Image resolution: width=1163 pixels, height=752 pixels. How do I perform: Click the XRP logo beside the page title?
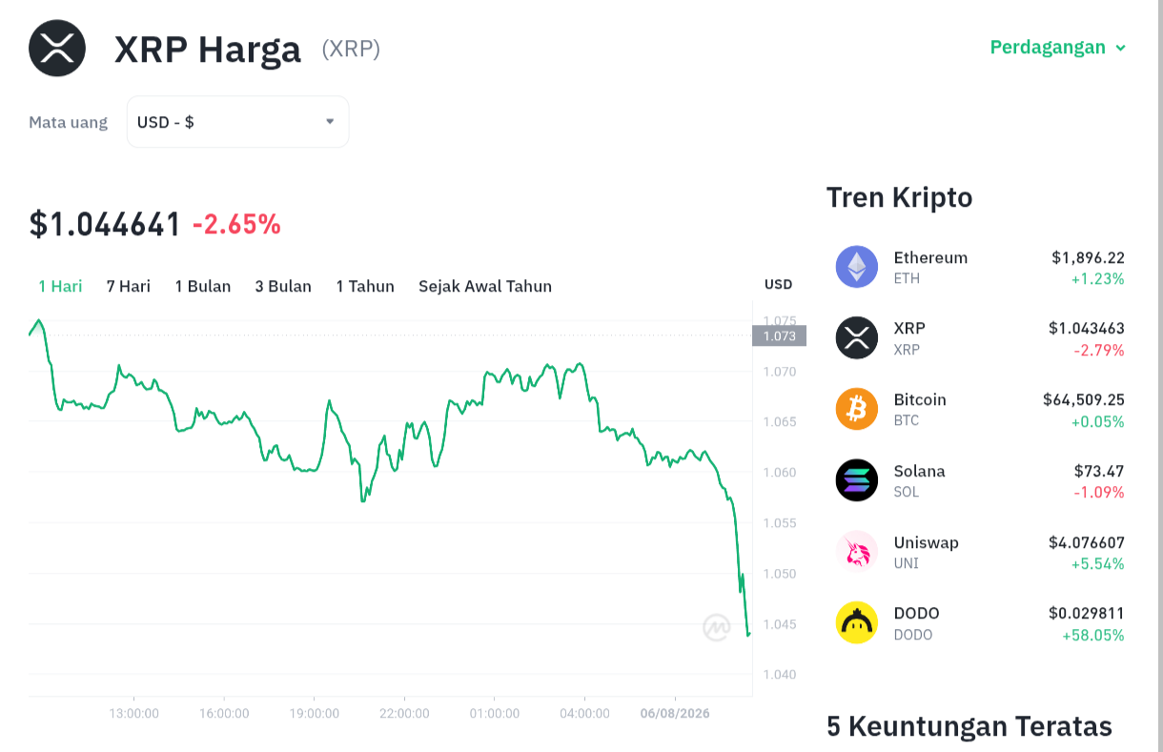coord(57,49)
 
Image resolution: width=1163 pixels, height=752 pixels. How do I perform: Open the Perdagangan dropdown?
coord(1057,48)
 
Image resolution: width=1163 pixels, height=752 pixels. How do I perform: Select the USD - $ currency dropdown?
coord(237,122)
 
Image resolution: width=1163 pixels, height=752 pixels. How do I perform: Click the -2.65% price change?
coord(236,224)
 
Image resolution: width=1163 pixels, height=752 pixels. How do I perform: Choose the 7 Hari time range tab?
coord(129,286)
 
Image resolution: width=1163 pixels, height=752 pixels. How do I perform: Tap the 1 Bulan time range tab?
coord(202,286)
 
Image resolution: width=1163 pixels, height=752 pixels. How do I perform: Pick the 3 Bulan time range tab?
coord(283,286)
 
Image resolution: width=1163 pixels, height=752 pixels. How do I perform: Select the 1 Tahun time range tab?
coord(365,286)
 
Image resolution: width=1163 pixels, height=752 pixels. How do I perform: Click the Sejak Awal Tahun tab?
coord(485,286)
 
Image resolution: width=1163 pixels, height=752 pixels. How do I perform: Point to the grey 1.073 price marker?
coord(780,335)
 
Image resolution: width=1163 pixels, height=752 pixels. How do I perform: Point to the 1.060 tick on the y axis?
coord(780,473)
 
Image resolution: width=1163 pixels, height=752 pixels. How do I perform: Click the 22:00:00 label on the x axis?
coord(404,714)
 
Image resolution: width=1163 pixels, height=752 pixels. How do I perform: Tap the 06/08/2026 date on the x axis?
coord(675,714)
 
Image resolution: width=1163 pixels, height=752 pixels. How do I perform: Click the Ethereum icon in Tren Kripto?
coord(857,267)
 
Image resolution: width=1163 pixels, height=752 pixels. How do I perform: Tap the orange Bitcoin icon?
coord(857,409)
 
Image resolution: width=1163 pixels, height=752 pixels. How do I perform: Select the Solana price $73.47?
coord(1099,471)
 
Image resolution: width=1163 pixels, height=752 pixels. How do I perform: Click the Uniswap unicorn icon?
coord(857,551)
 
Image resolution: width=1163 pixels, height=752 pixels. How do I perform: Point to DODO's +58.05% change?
coord(1092,635)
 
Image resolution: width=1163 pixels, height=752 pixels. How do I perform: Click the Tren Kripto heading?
coord(899,197)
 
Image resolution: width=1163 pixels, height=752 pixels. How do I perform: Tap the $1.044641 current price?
coord(105,224)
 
